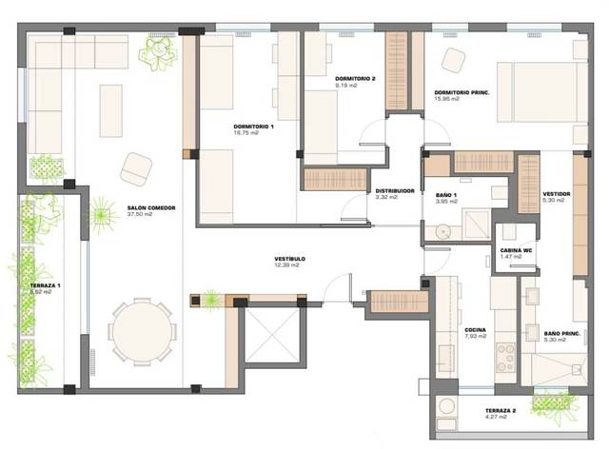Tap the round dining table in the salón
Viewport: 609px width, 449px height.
coord(142,332)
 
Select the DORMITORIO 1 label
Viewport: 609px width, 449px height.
coord(253,127)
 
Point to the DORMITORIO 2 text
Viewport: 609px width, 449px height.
coord(356,78)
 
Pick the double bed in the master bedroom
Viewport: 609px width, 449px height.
coord(539,91)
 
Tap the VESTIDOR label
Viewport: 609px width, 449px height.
coord(556,193)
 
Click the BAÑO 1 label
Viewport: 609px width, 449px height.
coord(441,194)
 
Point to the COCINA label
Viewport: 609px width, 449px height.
coord(477,329)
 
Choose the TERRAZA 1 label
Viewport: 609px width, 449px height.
coord(45,285)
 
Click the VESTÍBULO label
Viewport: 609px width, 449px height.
coord(288,258)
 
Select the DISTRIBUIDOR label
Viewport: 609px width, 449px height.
coord(394,190)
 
